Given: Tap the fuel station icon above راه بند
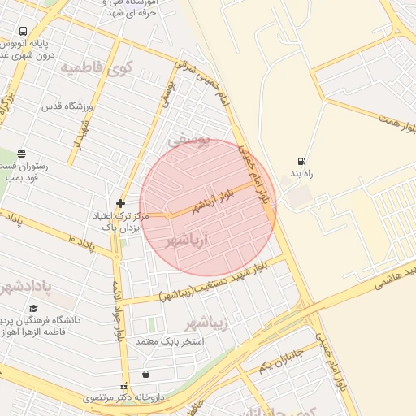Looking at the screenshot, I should coord(302,161).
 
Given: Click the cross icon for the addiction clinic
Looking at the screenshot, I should coord(120,202).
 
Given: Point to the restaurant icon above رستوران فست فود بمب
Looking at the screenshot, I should coord(21,154).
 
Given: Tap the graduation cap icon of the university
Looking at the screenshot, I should coord(33,308).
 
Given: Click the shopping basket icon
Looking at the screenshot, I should coord(145,374).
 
